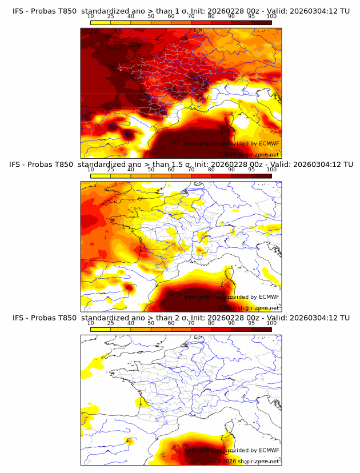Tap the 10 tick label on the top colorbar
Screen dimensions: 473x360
(x=91, y=17)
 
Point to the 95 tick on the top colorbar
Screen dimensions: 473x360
(x=251, y=17)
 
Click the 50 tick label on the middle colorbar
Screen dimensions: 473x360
(x=151, y=170)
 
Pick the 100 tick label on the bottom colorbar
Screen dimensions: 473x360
(x=271, y=323)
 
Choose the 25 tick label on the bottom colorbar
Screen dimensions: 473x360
(x=111, y=323)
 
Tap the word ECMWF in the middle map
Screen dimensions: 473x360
(x=269, y=297)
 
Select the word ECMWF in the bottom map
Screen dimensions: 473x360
(x=269, y=450)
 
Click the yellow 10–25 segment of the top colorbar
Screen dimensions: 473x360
(x=101, y=23)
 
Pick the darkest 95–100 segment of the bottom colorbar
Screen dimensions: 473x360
(x=261, y=328)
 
